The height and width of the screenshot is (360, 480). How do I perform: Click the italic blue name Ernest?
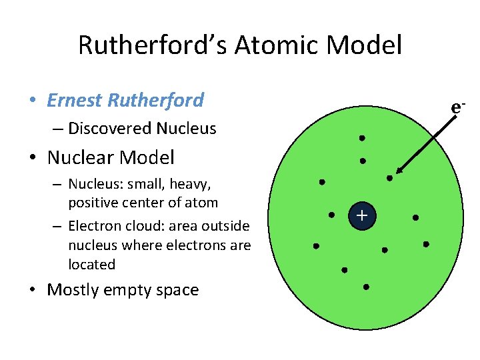(75, 101)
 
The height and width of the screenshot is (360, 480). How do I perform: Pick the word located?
(92, 265)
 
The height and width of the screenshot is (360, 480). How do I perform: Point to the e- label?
(457, 107)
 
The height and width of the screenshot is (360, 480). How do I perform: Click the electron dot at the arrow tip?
(390, 178)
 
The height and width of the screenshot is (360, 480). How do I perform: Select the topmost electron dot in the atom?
(361, 138)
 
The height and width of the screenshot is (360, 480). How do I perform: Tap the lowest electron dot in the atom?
(366, 287)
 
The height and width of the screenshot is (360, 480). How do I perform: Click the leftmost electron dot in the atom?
(316, 246)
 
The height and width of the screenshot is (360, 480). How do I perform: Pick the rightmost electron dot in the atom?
(426, 244)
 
